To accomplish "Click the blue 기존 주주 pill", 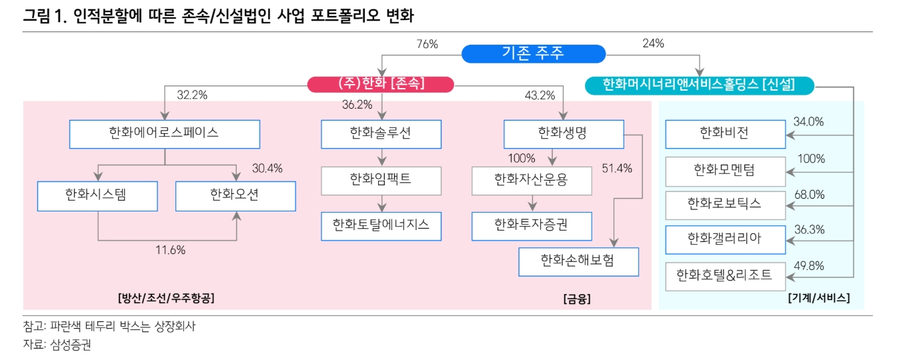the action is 534,54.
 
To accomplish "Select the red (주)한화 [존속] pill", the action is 380,84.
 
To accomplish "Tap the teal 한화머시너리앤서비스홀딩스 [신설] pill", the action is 699,85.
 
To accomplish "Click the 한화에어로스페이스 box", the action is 165,134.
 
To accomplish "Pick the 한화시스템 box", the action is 97,196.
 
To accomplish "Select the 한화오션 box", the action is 235,196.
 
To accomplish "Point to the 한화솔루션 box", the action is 381,134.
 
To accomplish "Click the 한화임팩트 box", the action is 381,181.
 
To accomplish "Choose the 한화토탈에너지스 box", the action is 381,226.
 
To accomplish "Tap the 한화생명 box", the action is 564,134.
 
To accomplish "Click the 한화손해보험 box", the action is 578,262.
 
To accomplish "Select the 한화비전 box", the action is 725,134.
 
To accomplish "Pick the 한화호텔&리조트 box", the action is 725,276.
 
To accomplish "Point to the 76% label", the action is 427,44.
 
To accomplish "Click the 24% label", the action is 654,43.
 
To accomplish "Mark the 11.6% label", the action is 171,250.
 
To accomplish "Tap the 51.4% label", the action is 617,168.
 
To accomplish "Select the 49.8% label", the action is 809,266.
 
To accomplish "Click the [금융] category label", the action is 577,299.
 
